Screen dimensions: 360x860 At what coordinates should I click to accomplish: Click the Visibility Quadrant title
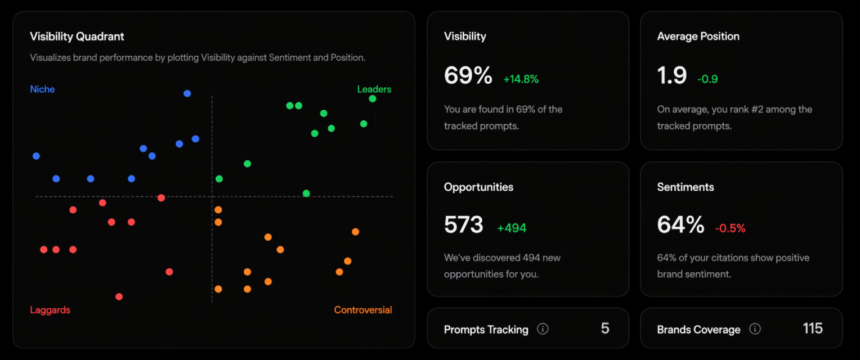[77, 37]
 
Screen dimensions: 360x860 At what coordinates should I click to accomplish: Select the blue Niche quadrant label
[42, 89]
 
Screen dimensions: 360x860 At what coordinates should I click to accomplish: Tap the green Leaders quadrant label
[374, 89]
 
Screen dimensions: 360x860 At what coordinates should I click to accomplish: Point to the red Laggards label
[50, 310]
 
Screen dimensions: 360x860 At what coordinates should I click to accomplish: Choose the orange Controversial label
[363, 310]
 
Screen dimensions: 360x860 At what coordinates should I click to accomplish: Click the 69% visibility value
[468, 75]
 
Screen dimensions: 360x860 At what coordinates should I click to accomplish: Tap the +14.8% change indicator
[521, 79]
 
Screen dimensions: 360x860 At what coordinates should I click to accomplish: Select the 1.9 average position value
[672, 75]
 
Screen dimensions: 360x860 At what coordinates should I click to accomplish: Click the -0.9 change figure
[707, 79]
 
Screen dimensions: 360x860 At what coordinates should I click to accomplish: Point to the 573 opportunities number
[464, 224]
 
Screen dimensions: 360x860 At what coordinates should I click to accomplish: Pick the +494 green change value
[512, 228]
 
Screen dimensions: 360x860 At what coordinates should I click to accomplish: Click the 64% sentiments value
[680, 224]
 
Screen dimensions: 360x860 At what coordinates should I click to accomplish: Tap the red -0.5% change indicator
[730, 228]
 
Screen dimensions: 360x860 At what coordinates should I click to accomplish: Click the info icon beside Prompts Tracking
[543, 329]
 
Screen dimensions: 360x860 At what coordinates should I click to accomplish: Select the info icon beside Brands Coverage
[755, 329]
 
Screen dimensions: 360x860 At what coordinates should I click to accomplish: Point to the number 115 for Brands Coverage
[813, 328]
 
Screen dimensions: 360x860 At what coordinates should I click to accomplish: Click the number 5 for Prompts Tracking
[605, 328]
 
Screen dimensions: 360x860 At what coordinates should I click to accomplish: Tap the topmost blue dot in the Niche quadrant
[187, 93]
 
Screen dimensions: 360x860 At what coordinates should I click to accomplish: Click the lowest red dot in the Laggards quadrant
[119, 296]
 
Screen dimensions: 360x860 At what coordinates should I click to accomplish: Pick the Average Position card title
[698, 37]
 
